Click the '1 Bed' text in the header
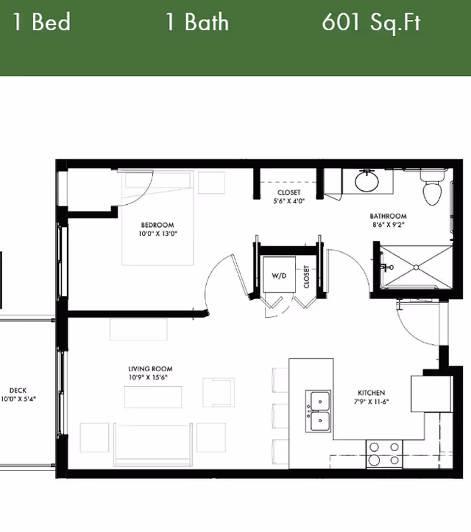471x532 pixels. pos(41,22)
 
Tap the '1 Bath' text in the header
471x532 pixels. pos(196,22)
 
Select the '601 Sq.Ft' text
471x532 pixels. pos(371,22)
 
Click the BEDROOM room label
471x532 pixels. pos(157,225)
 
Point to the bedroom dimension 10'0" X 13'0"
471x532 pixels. pos(158,234)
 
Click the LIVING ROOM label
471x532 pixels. pos(150,369)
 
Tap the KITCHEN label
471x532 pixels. pos(371,393)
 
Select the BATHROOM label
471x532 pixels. pos(388,217)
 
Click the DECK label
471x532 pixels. pos(18,391)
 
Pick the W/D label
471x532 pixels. pos(279,276)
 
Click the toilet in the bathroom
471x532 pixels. pos(432,188)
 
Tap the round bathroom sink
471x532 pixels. pos(366,181)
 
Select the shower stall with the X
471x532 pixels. pos(416,267)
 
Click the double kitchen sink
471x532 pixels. pos(319,410)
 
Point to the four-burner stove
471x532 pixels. pos(384,453)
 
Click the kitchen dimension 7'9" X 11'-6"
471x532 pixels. pos(371,402)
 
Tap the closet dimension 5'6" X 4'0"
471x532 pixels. pos(288,200)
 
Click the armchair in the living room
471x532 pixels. pos(218,393)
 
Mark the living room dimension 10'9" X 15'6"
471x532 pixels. pos(150,378)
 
